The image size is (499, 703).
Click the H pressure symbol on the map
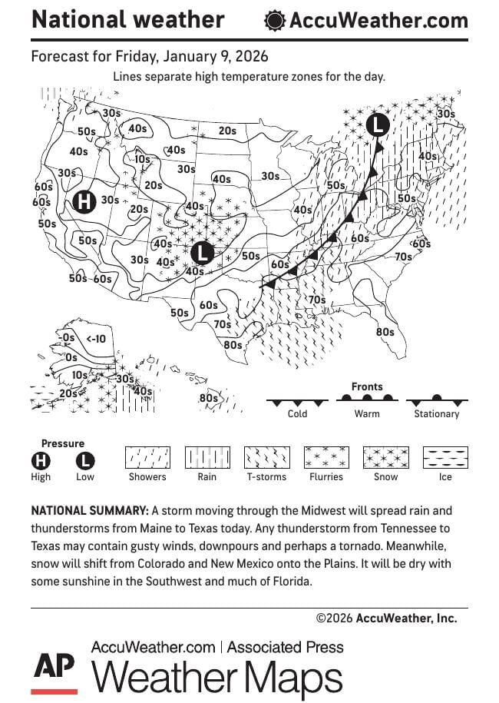pos(84,201)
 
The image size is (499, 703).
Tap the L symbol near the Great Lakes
pos(378,124)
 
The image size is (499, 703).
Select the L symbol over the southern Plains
pos(202,252)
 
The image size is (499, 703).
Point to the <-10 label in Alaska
pos(96,338)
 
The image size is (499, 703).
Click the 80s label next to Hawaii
pos(208,398)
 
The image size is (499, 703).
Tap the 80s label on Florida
pos(385,332)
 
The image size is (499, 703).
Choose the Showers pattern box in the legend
pos(147,458)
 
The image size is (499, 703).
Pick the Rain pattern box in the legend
pos(207,458)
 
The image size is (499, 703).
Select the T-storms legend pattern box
pos(266,458)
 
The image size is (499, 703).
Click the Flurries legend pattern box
pos(326,458)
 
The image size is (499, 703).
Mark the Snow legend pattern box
pos(386,458)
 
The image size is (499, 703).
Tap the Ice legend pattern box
pos(446,458)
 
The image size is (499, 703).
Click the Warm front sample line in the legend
pos(367,400)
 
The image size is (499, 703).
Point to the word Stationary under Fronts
pos(436,414)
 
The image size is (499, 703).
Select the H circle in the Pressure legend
pos(41,461)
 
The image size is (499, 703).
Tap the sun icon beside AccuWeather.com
pos(274,21)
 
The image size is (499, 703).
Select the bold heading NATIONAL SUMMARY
pos(89,511)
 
